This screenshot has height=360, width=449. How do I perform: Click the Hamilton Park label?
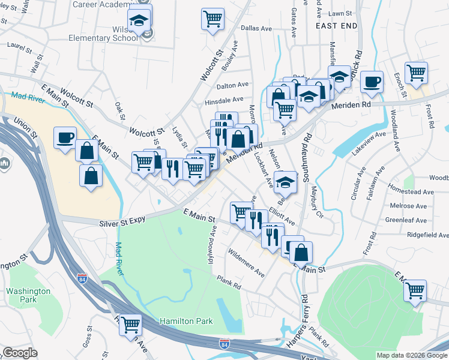[186, 322]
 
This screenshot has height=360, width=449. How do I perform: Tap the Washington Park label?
[29, 296]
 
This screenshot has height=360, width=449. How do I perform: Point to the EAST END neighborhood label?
[336, 26]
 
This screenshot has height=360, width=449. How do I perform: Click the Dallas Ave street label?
[256, 28]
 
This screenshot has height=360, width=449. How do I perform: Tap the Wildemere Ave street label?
[246, 262]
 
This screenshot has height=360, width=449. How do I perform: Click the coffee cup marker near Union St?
[65, 137]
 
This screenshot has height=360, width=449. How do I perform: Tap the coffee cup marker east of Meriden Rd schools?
[372, 81]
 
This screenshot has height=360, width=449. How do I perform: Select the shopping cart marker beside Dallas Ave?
[212, 19]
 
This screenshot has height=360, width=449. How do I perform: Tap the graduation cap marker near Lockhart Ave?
[286, 182]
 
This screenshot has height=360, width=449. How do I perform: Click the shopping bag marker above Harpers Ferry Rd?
[301, 251]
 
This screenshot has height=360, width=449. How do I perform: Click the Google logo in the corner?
[20, 353]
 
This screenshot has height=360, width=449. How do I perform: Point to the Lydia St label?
[178, 137]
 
